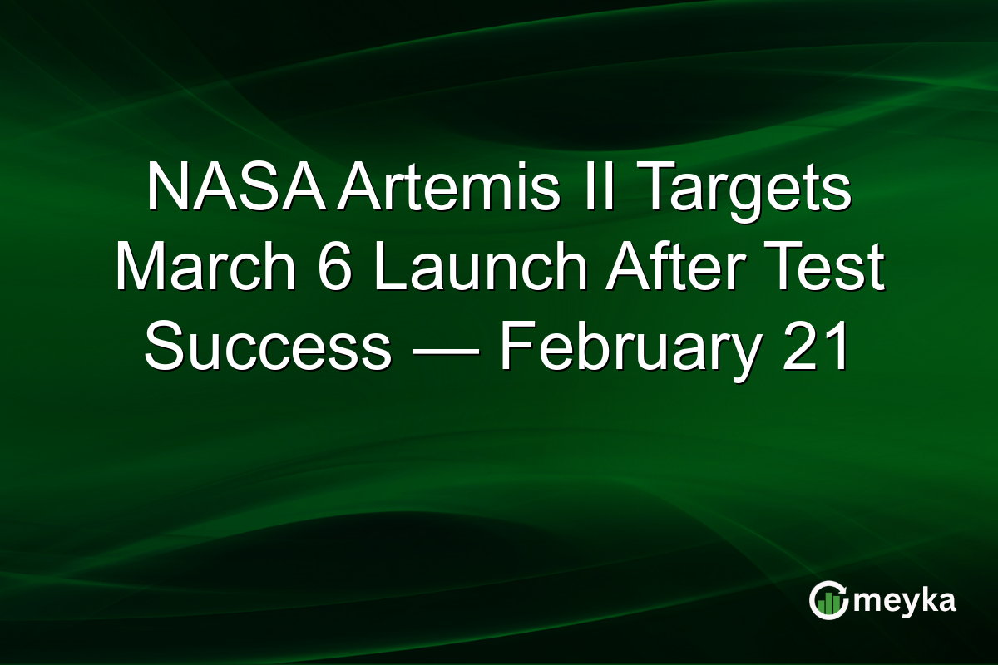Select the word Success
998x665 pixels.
(x=268, y=349)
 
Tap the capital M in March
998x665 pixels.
(x=138, y=269)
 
